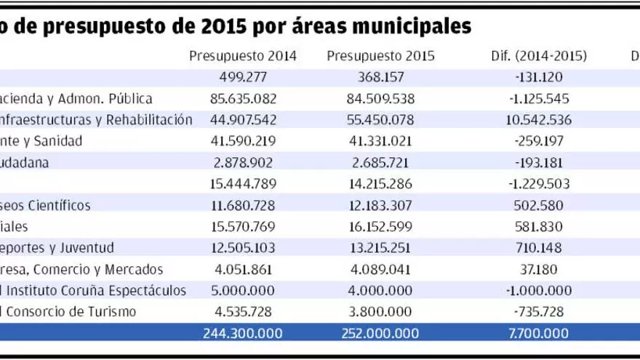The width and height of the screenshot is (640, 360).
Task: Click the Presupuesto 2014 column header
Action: (242, 57)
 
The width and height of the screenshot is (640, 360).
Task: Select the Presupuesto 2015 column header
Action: (381, 57)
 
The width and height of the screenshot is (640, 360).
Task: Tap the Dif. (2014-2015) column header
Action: (539, 57)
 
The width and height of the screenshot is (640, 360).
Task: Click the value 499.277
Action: (242, 76)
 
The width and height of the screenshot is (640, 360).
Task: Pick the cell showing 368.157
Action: (381, 76)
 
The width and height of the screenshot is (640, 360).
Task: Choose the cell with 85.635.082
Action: (242, 98)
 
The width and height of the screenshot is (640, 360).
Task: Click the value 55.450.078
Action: (381, 119)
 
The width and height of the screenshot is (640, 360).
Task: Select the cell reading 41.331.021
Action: (381, 140)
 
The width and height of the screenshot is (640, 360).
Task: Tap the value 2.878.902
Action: (242, 162)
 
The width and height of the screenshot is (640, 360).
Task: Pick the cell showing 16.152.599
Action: (381, 226)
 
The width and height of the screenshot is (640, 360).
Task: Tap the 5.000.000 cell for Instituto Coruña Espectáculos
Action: (242, 290)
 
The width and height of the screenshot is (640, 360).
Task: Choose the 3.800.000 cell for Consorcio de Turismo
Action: (381, 312)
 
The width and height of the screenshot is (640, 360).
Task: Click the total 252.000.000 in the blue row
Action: (381, 334)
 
